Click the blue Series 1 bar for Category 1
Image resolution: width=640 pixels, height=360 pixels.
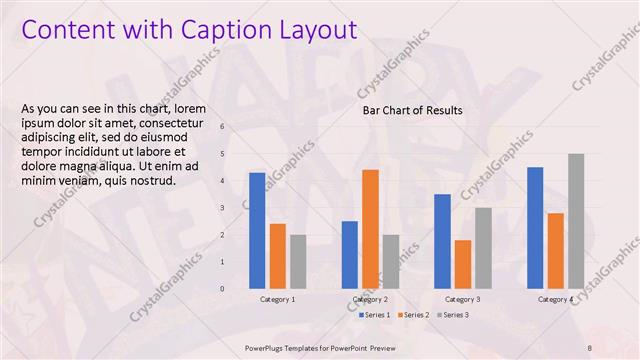[257, 231]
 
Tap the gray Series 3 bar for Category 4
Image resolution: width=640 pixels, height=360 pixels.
[575, 221]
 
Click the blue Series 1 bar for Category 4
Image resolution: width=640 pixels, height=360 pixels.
[535, 228]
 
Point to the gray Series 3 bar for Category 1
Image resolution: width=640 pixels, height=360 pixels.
[298, 262]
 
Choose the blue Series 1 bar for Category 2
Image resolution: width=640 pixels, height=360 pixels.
[350, 255]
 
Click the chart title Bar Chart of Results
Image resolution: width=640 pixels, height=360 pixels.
[412, 110]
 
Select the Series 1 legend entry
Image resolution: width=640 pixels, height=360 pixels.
[375, 315]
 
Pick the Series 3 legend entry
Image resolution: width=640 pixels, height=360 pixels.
[452, 315]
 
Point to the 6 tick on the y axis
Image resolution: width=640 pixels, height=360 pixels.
[222, 127]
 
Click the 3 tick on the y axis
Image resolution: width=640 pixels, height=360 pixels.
[222, 208]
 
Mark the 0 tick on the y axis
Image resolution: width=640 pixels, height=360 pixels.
[222, 289]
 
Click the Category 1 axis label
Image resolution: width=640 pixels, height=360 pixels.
[277, 299]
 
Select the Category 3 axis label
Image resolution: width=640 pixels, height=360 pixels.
[462, 299]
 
